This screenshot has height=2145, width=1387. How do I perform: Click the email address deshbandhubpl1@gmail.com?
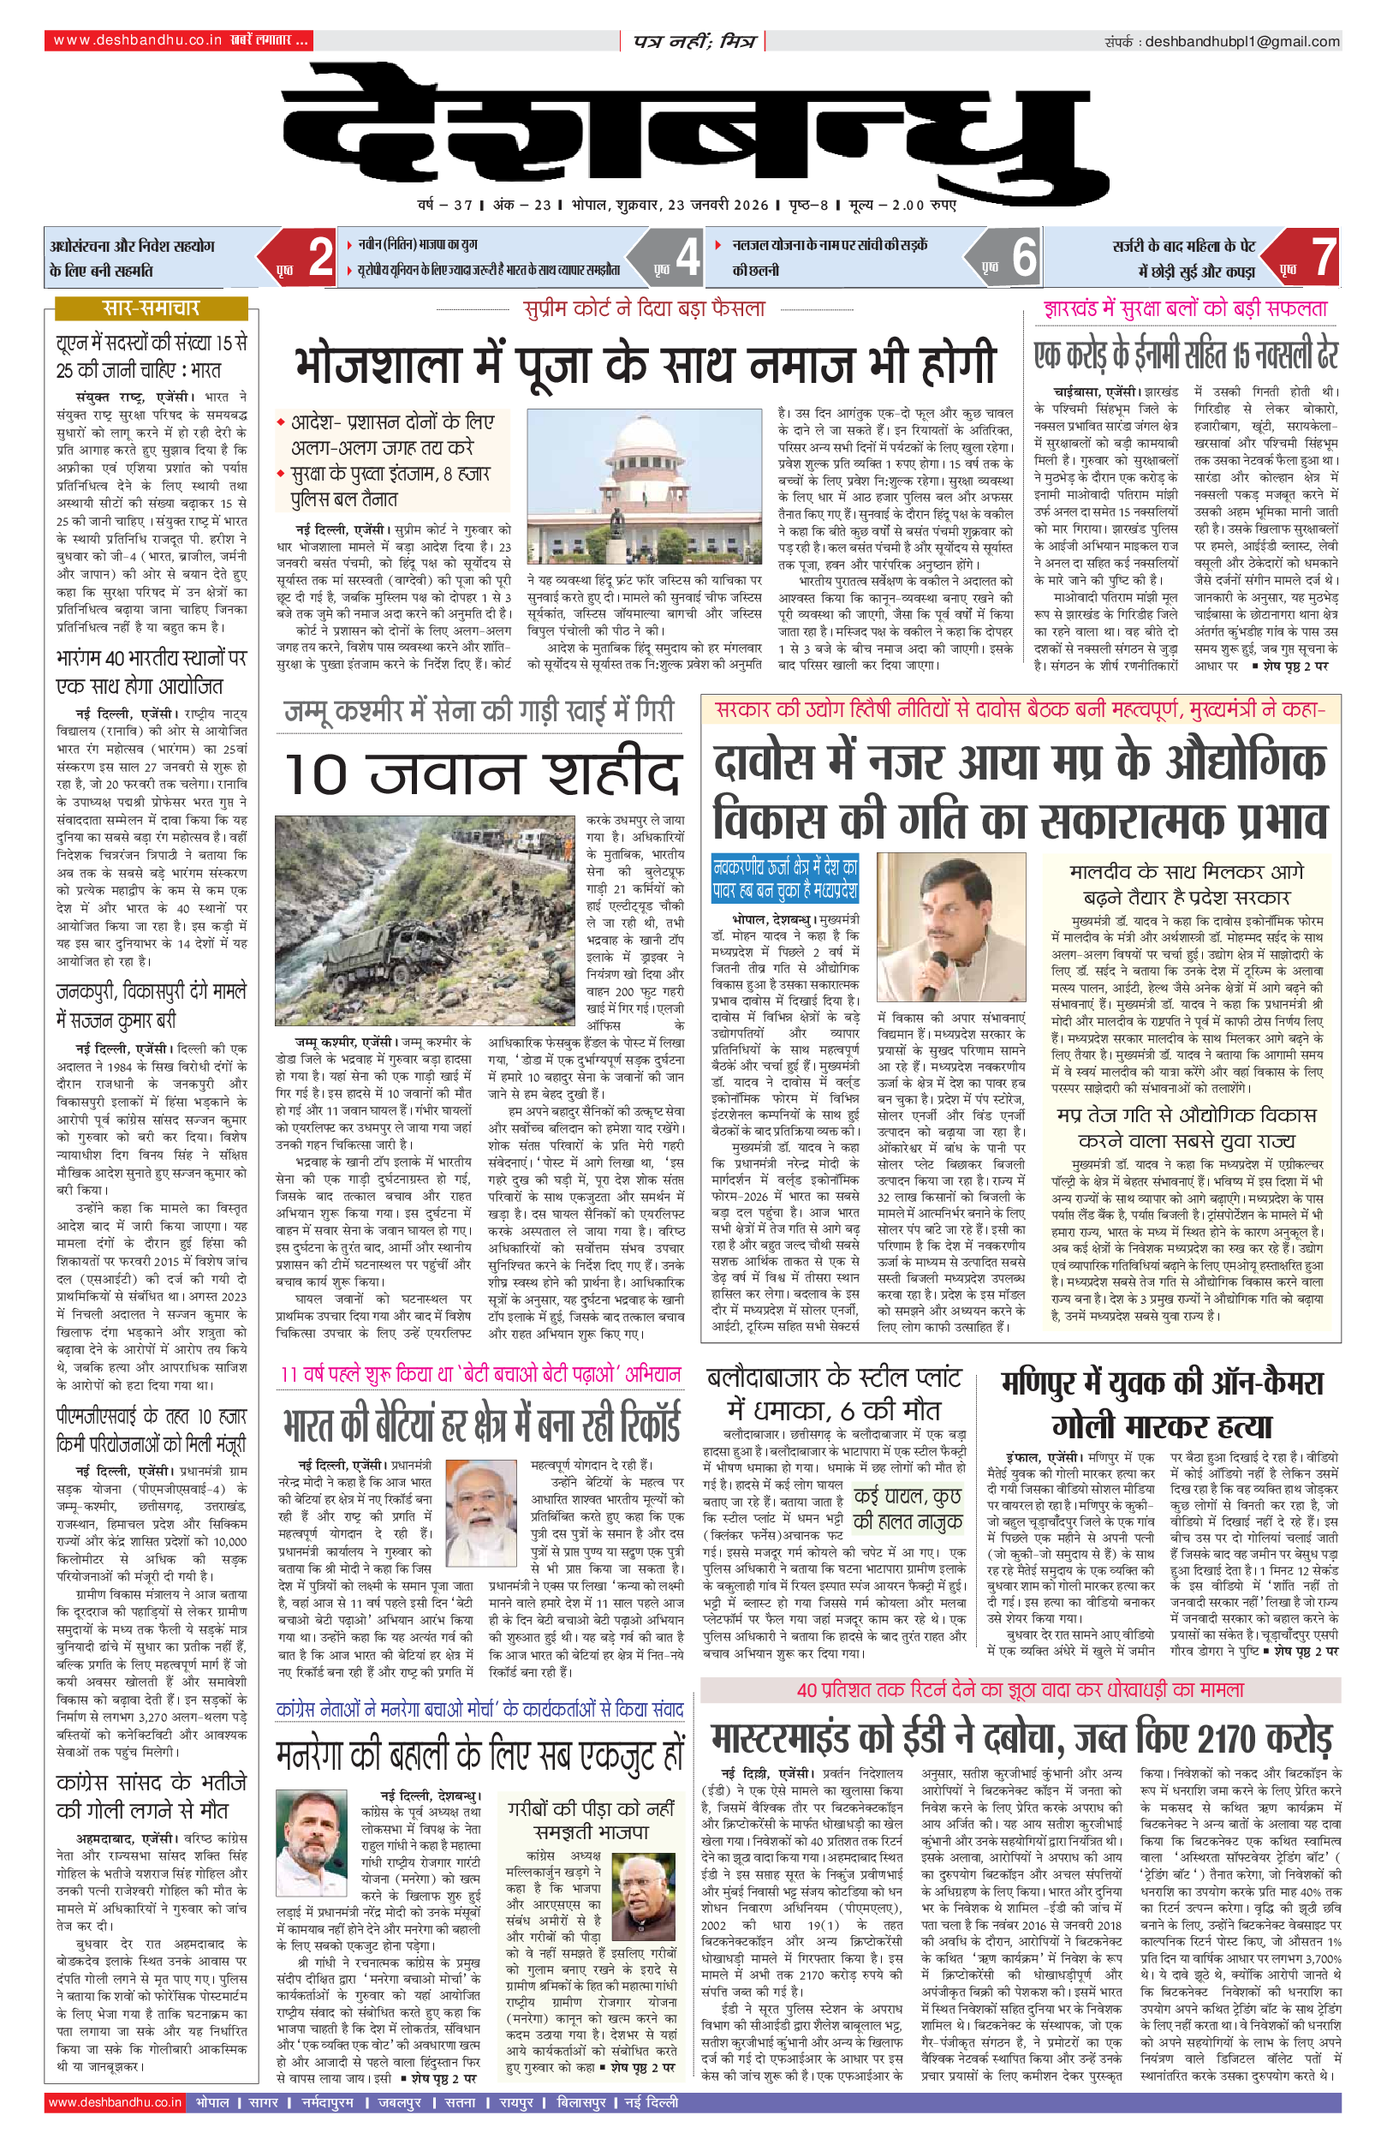tap(1242, 41)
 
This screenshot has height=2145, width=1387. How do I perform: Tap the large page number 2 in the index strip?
tap(320, 258)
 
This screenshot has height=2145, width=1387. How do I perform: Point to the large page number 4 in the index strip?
tap(688, 258)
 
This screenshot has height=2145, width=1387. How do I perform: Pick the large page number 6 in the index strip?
tap(1024, 258)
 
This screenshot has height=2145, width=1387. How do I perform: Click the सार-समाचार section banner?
tap(151, 309)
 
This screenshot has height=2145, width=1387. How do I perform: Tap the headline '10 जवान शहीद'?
tap(481, 774)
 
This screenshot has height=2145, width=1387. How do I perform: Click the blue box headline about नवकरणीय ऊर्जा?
tap(784, 879)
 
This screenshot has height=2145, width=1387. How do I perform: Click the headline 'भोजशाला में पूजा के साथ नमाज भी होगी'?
tap(645, 363)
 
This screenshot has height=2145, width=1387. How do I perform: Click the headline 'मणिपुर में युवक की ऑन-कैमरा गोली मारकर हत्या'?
tap(1162, 1405)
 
